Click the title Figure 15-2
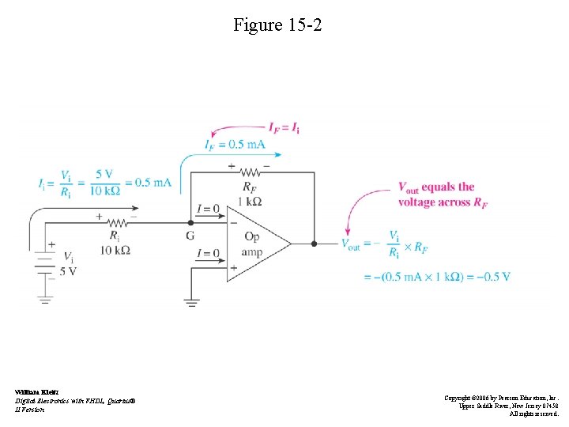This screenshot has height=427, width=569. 277,25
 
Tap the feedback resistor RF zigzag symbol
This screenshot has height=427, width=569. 251,172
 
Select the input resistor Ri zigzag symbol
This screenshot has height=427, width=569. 118,223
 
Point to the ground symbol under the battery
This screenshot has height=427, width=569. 45,300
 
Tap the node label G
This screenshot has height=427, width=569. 190,236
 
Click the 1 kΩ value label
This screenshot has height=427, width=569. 250,202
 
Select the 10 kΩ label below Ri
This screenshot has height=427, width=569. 116,250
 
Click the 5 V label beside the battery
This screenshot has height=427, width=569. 69,270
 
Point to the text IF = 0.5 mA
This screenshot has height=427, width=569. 235,144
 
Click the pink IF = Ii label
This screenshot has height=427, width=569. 284,127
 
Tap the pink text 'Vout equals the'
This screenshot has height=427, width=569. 436,187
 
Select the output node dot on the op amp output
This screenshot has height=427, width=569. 314,244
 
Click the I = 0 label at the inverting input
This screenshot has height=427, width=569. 208,209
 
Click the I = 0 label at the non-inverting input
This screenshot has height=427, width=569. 208,253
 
